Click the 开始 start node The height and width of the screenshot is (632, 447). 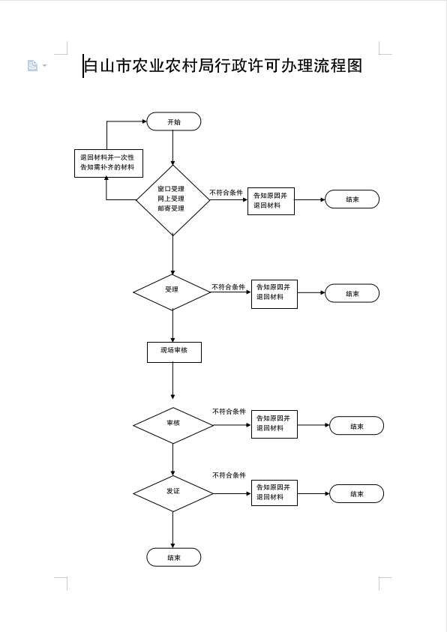tap(174, 121)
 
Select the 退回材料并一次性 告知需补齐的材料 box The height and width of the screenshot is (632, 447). tap(109, 163)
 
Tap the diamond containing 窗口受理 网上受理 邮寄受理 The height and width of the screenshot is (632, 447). tap(173, 199)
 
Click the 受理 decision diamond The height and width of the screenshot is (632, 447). tap(172, 292)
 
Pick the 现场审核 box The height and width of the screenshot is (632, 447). tap(174, 352)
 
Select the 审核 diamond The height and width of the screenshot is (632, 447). tap(173, 425)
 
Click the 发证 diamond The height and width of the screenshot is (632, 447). tap(173, 493)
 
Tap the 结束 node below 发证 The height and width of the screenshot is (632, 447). tap(174, 558)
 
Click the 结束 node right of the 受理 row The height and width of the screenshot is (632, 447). tap(352, 293)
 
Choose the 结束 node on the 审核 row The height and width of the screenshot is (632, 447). tap(357, 426)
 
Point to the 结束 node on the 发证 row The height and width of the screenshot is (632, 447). tap(357, 494)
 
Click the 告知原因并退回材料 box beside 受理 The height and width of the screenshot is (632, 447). tap(274, 294)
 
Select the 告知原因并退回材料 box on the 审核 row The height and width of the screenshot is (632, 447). tap(274, 424)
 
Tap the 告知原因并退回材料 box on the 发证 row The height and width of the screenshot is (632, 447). tap(274, 493)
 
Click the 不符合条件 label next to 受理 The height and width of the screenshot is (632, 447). tap(229, 287)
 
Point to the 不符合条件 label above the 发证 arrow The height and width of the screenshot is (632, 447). tap(229, 475)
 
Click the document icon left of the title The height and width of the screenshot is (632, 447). tap(33, 65)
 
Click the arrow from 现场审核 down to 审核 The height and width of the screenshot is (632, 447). tap(173, 381)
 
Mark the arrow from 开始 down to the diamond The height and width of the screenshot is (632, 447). tap(173, 148)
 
